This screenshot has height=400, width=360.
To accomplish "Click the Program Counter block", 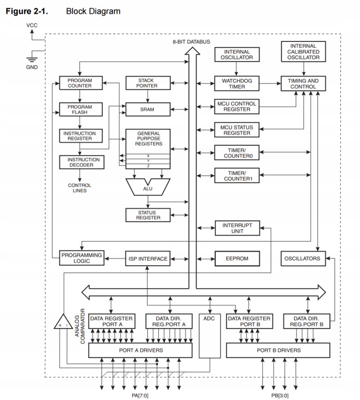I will (x=80, y=83).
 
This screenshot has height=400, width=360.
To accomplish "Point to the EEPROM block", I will (x=237, y=259).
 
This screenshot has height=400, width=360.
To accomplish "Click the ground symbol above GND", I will (x=31, y=58).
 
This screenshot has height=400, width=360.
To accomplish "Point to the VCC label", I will (x=31, y=26).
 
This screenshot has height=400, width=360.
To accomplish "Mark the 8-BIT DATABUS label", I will (x=192, y=42).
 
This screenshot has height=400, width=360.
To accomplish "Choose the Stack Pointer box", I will (x=148, y=83).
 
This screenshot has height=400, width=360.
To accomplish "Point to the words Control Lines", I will (x=80, y=188).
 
